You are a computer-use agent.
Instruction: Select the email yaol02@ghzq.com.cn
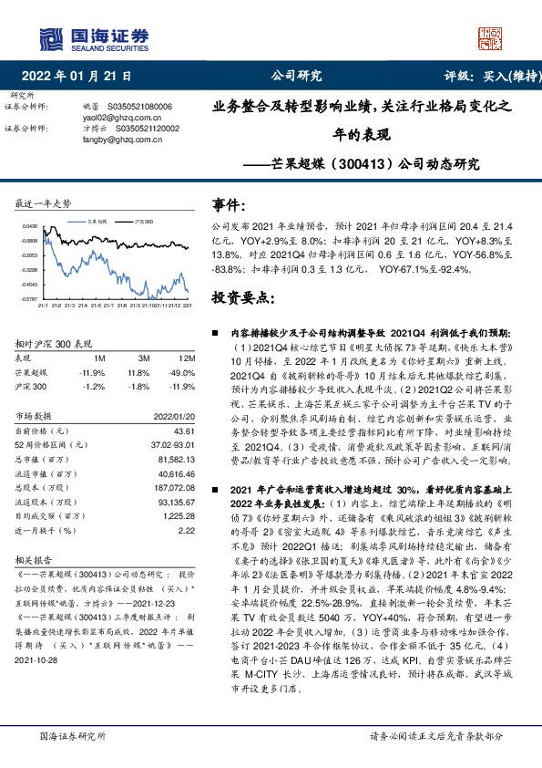point(116,118)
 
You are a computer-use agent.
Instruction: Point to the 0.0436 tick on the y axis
point(31,226)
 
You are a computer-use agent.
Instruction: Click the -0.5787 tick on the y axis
point(30,298)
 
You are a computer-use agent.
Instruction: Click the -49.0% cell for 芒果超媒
point(185,372)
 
